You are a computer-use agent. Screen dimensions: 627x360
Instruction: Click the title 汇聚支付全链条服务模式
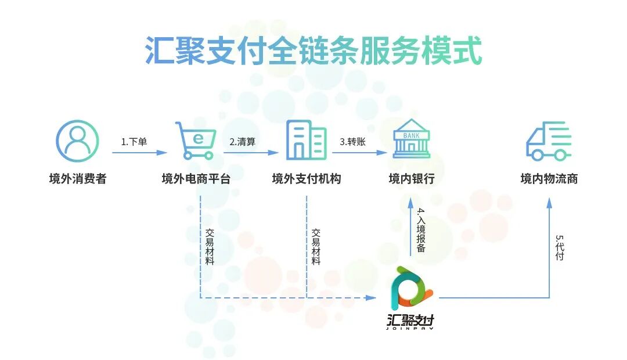(313, 52)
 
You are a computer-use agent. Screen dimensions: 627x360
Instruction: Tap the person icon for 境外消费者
(77, 141)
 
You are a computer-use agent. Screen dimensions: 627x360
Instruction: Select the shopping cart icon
(194, 141)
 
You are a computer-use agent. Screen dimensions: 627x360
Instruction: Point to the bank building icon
(411, 139)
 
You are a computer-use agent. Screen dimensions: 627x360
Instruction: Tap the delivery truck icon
(549, 141)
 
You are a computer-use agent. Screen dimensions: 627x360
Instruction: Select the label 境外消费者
(77, 179)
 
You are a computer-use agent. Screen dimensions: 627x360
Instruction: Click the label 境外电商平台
(196, 179)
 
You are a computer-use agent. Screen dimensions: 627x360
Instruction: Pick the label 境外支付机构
(306, 179)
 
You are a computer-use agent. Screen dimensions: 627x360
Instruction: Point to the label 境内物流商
(549, 179)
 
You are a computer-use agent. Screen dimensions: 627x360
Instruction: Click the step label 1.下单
(134, 142)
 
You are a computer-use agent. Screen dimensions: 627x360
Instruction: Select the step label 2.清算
(243, 142)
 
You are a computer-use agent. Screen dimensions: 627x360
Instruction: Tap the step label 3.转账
(353, 142)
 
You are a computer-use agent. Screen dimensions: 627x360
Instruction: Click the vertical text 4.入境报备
(421, 230)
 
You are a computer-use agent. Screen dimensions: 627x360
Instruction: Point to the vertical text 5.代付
(559, 248)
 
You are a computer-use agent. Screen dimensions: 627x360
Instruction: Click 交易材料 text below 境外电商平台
(210, 247)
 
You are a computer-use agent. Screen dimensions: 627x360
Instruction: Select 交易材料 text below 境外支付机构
(316, 247)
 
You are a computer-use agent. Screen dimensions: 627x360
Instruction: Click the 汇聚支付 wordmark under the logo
(411, 321)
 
